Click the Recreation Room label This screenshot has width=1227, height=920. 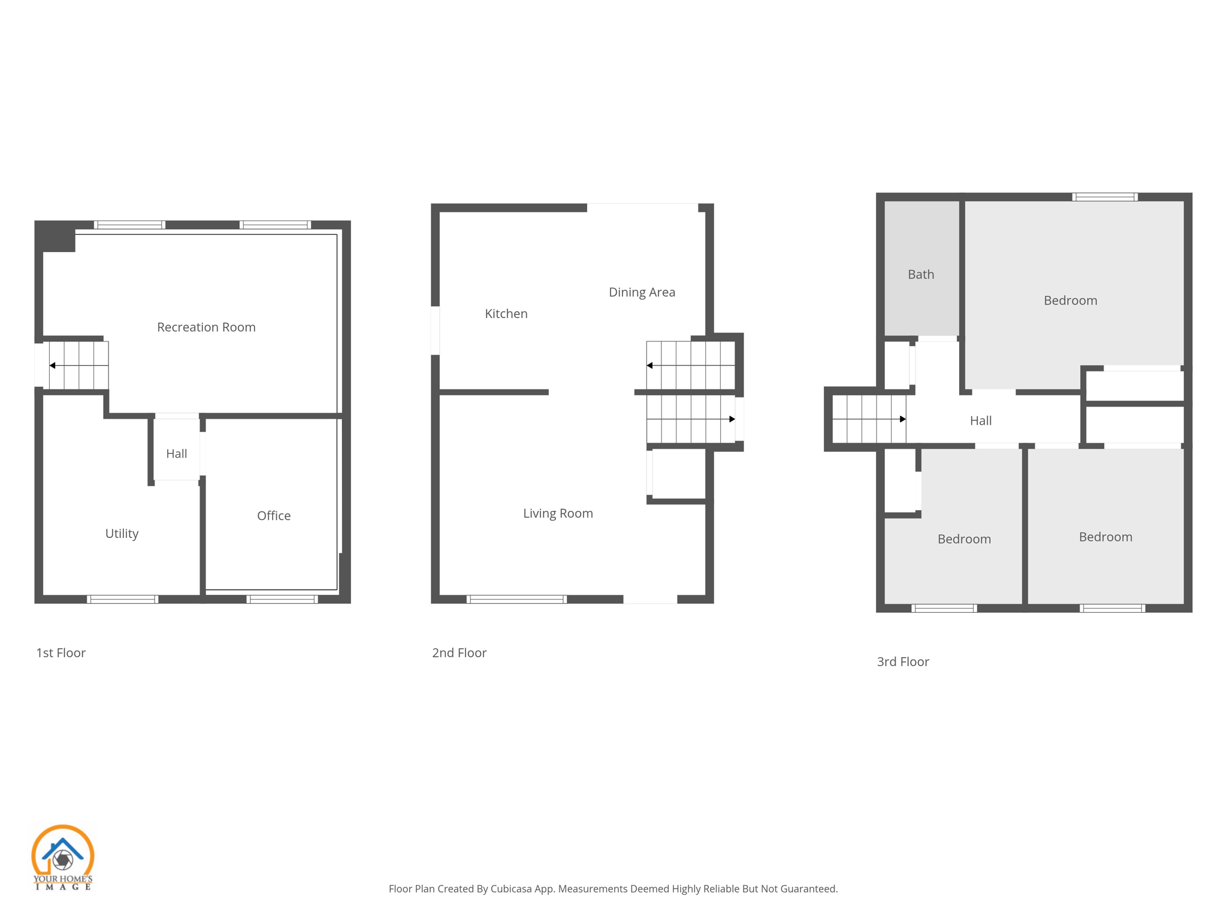point(206,327)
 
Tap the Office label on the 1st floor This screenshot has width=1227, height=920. point(274,516)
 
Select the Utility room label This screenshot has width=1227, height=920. point(122,534)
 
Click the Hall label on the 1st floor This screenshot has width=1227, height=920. point(176,454)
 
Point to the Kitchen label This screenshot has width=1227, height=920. point(506,314)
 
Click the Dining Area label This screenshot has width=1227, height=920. point(642,292)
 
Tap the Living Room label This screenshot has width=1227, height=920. point(558,513)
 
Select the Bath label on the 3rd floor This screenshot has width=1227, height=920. point(920,274)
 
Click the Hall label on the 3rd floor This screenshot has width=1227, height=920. point(980,421)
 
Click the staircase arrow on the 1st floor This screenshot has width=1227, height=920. point(53,365)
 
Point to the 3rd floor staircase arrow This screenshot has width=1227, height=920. point(902,419)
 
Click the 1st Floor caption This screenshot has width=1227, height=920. point(61,653)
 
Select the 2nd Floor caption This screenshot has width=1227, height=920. point(459,653)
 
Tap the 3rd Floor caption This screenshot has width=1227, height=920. point(902,662)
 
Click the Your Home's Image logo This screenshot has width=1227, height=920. point(62,857)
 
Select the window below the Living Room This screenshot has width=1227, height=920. point(516,599)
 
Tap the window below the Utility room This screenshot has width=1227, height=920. point(122,599)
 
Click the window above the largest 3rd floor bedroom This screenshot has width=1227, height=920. point(1104,196)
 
